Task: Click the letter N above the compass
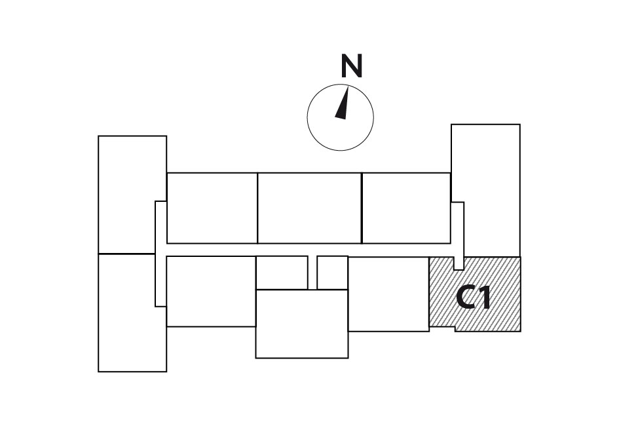pos(351,66)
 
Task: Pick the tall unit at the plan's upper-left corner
pos(132,195)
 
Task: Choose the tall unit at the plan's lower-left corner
pos(132,313)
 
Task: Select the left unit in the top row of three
pos(212,208)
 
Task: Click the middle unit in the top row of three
pos(310,208)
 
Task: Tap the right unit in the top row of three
pos(406,208)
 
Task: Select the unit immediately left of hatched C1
pos(389,294)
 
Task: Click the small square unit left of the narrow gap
pos(282,273)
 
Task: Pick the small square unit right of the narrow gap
pos(332,273)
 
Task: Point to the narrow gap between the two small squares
pos(312,273)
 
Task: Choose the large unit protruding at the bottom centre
pos(302,324)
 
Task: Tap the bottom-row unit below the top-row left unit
pos(211,292)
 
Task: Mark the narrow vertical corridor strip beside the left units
pos(160,254)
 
